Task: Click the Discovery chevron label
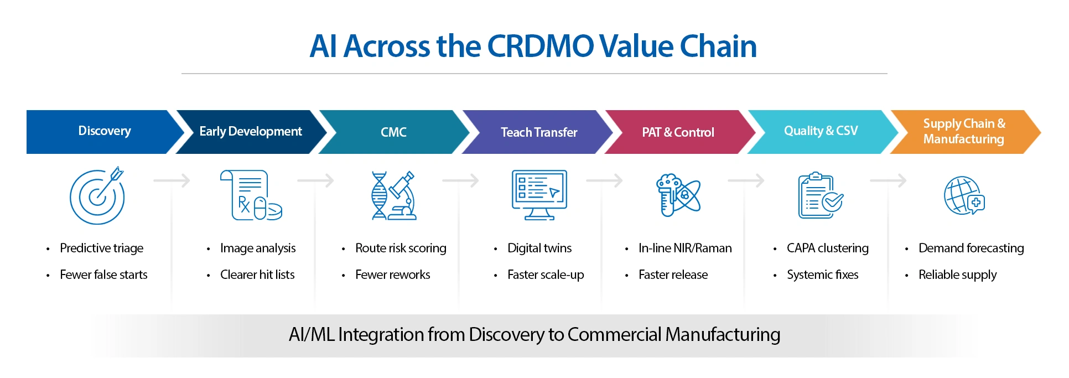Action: [x=105, y=131]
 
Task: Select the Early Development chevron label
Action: [x=250, y=132]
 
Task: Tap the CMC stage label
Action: [x=393, y=132]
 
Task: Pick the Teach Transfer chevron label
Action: [x=538, y=132]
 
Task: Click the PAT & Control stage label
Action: [x=678, y=132]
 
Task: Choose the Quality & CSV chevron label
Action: [x=821, y=131]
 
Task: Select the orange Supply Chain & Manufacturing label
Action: [x=963, y=132]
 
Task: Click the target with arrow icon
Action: [x=97, y=196]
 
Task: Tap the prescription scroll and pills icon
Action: [x=251, y=195]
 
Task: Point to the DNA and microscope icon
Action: [x=393, y=195]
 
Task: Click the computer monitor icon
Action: [x=539, y=195]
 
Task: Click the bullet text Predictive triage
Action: [x=101, y=248]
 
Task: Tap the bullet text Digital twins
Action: [x=539, y=248]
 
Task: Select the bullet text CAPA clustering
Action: [x=827, y=248]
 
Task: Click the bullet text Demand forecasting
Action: [x=971, y=248]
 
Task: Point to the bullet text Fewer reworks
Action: [x=392, y=275]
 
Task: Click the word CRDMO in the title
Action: [x=540, y=46]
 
